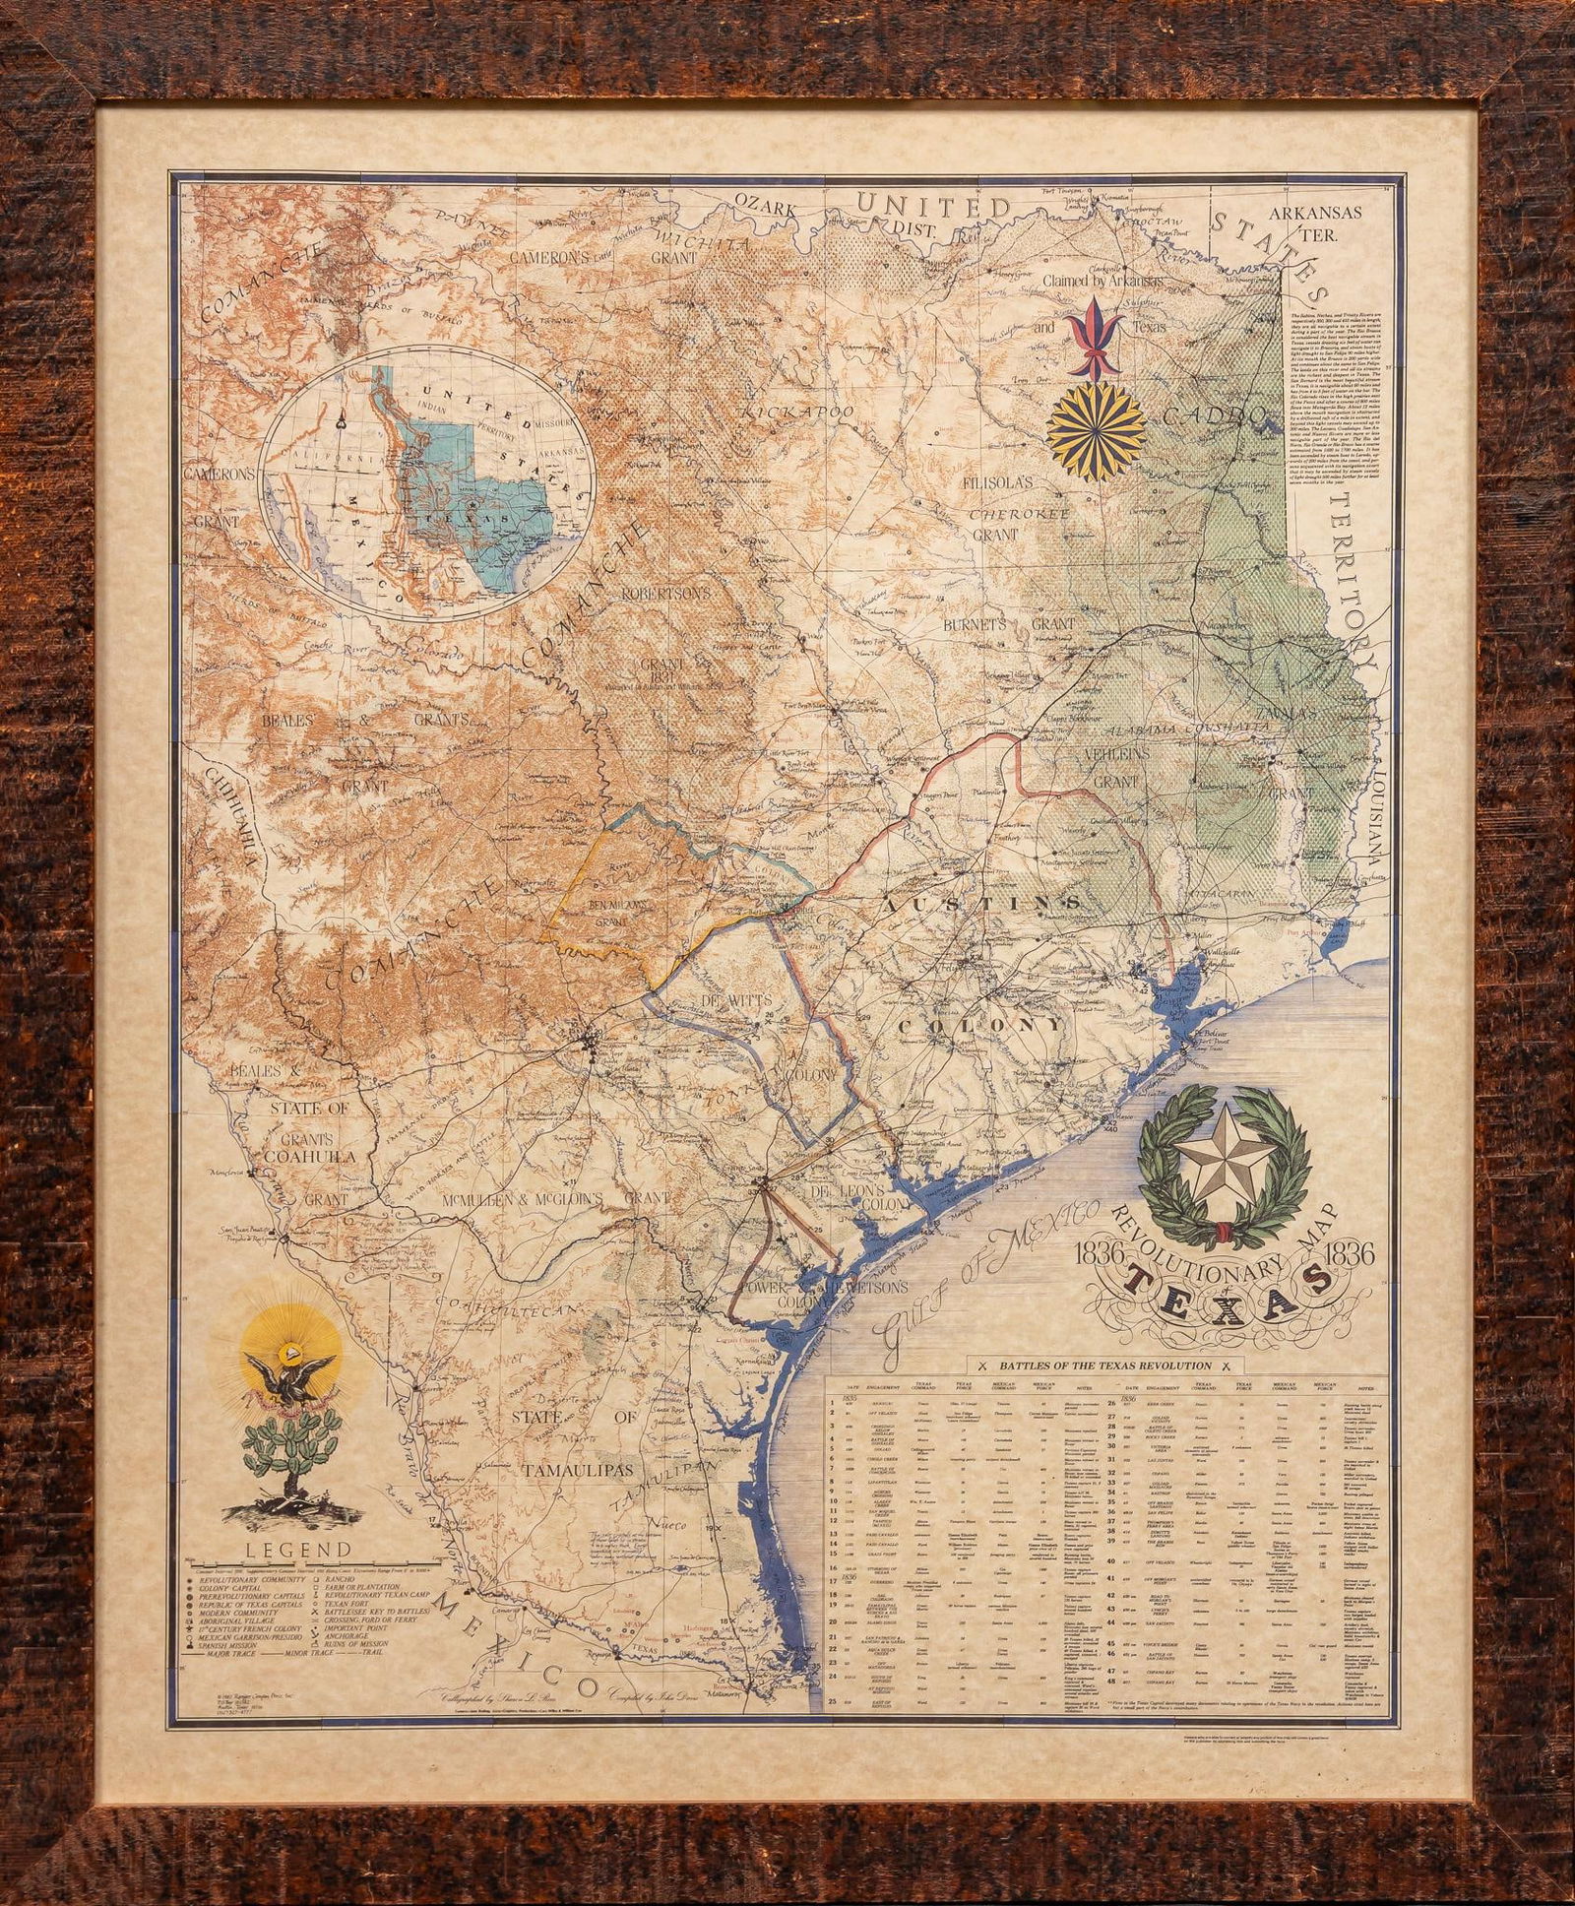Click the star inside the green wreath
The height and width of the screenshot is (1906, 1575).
point(1221,1169)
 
